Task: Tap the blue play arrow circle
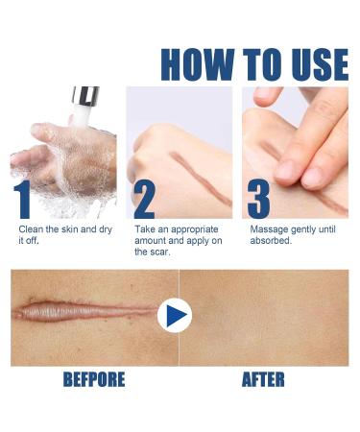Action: (x=175, y=315)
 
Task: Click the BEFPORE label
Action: (x=94, y=379)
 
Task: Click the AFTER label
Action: (x=262, y=379)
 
